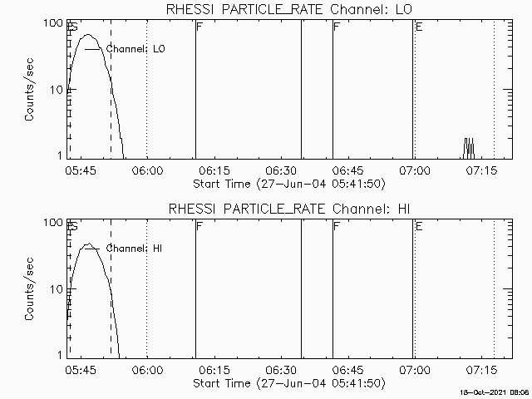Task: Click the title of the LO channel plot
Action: [x=288, y=8]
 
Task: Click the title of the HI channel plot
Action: [x=288, y=208]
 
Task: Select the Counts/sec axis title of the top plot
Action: [x=29, y=90]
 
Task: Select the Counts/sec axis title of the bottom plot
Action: [x=29, y=289]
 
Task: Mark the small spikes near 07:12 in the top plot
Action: [x=469, y=147]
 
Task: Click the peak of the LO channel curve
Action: [x=89, y=35]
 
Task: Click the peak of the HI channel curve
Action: [x=87, y=244]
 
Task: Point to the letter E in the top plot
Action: [x=419, y=27]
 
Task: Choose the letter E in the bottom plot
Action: [x=419, y=227]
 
